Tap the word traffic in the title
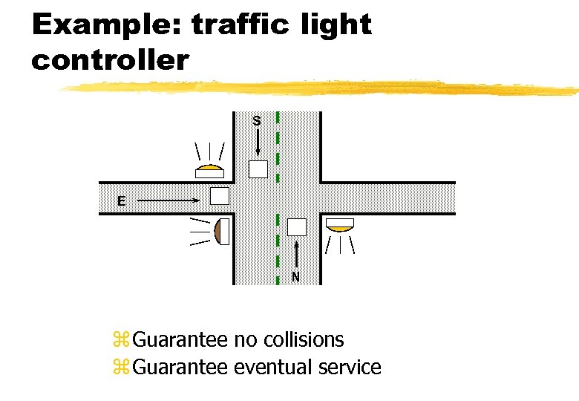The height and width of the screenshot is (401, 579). pyautogui.click(x=243, y=25)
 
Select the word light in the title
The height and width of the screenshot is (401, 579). pyautogui.click(x=337, y=25)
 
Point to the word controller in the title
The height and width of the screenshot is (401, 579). pyautogui.click(x=110, y=59)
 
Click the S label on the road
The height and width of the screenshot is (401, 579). pyautogui.click(x=256, y=120)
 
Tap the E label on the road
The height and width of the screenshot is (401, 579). pyautogui.click(x=120, y=200)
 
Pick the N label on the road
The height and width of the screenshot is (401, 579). pyautogui.click(x=295, y=277)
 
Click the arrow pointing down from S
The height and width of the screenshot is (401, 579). pyautogui.click(x=257, y=141)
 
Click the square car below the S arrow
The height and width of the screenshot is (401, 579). pyautogui.click(x=258, y=169)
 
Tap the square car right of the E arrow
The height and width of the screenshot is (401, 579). pyautogui.click(x=220, y=196)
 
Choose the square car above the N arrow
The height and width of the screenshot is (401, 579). pyautogui.click(x=297, y=227)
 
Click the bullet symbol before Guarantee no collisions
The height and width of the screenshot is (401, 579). pyautogui.click(x=121, y=341)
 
